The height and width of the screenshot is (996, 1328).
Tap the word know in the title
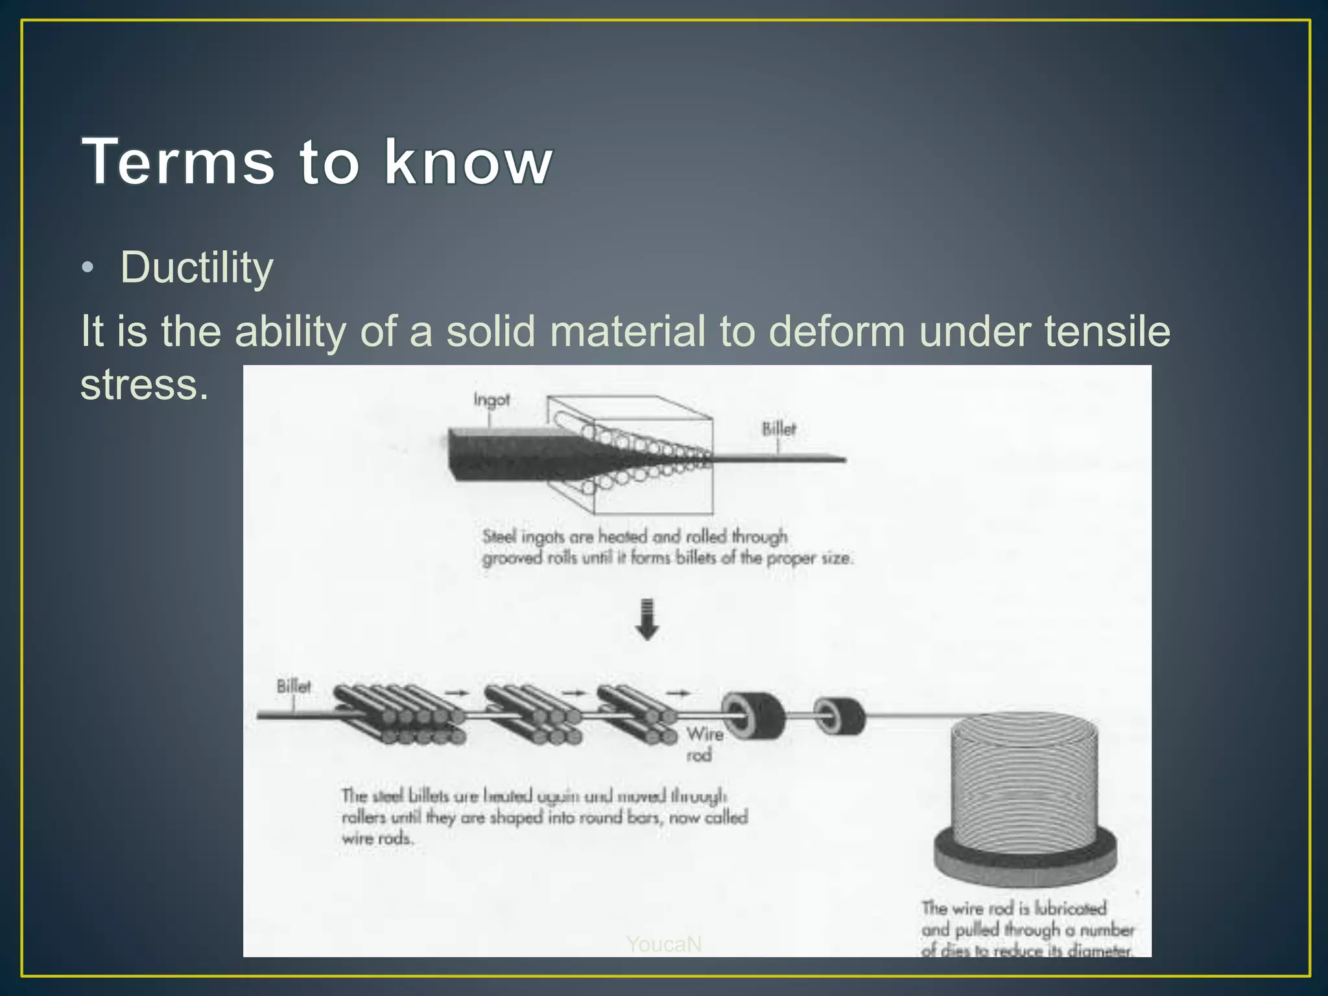coord(468,161)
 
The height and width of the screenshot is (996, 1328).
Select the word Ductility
coord(196,267)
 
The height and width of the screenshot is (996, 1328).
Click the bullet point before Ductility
coord(88,268)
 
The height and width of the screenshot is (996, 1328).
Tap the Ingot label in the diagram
coord(491,399)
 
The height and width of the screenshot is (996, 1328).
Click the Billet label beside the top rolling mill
coord(778,429)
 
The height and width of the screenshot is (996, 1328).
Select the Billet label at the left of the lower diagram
coord(293,686)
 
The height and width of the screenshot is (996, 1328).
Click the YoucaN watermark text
coord(663,944)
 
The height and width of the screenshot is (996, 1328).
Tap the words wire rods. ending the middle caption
coord(377,838)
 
